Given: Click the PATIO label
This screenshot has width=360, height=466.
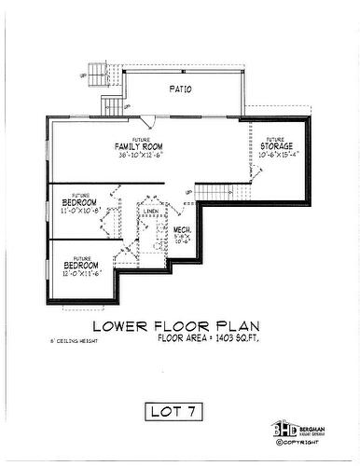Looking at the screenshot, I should click(x=180, y=90).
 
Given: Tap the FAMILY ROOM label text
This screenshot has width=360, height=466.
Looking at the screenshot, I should click(x=140, y=147).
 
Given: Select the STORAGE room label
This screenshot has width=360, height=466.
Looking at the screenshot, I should click(x=276, y=147).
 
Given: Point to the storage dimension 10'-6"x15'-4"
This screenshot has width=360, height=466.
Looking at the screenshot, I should click(x=276, y=156).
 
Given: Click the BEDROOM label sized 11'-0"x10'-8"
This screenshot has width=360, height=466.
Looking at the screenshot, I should click(x=80, y=202).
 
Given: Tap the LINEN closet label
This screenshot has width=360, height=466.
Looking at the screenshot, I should click(x=150, y=212).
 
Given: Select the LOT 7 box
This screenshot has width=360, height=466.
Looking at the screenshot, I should click(x=179, y=409).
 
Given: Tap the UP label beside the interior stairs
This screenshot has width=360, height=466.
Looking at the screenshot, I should click(x=189, y=193).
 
